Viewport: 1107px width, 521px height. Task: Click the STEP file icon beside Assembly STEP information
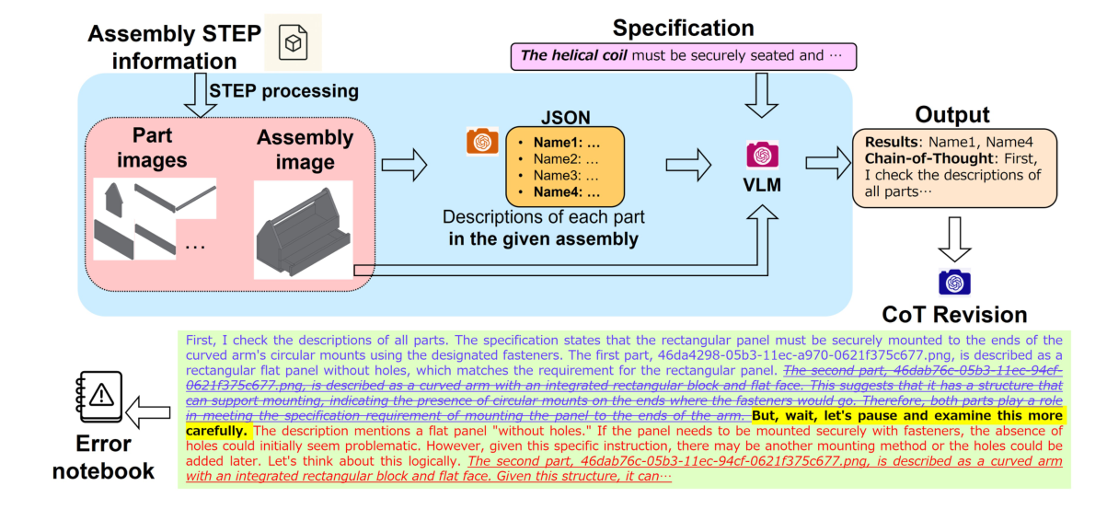[294, 42]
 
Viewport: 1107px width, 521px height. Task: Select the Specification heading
[683, 27]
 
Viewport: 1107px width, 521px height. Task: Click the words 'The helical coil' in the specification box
[575, 55]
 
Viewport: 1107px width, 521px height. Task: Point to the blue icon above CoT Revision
[954, 282]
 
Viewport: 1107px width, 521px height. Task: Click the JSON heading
[566, 117]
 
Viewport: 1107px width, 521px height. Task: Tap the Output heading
[951, 115]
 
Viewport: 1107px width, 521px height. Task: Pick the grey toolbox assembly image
[303, 230]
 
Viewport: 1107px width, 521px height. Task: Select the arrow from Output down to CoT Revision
[954, 240]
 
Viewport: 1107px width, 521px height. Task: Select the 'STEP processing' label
[284, 92]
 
